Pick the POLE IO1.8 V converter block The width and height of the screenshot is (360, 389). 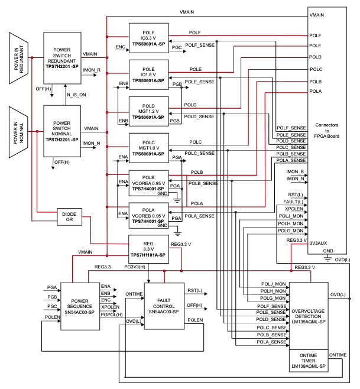(149, 74)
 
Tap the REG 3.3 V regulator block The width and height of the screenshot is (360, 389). (149, 248)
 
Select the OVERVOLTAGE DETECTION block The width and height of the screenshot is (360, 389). (308, 314)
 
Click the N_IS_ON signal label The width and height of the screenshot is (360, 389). (76, 94)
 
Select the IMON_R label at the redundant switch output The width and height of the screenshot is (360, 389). (91, 70)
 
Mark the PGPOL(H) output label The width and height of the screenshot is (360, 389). (112, 315)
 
